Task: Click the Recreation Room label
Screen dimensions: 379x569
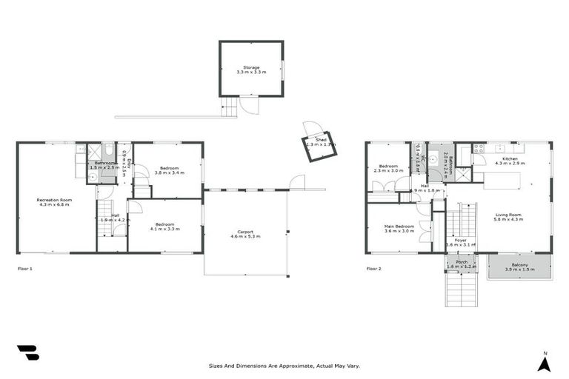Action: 54,199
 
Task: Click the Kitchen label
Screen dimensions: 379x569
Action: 510,158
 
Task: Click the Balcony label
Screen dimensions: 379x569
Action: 520,266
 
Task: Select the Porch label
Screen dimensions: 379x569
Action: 462,262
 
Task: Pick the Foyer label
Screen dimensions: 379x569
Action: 461,240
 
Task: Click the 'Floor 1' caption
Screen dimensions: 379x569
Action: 24,269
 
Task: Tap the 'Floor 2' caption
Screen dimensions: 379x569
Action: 374,269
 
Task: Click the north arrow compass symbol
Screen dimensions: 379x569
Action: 544,362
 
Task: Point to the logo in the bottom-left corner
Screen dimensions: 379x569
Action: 27,353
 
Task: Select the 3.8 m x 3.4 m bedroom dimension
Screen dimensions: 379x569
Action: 169,173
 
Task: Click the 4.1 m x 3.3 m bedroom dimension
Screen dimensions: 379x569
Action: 164,229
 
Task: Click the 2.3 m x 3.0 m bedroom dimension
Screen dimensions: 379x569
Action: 388,171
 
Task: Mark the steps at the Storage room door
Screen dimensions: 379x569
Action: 230,107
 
